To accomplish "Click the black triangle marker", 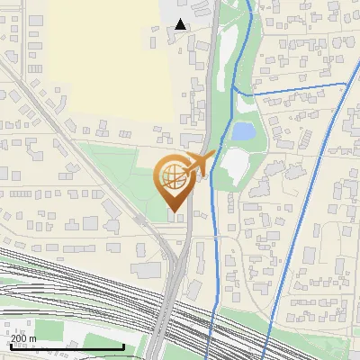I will [x=181, y=24].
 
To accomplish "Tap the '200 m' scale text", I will [x=23, y=338].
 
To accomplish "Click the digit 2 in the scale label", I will [x=13, y=338].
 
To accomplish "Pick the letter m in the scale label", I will [x=32, y=338].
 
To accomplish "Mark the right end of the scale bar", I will [x=123, y=346].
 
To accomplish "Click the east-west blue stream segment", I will [x=288, y=88].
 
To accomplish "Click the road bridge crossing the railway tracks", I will [x=166, y=310].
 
